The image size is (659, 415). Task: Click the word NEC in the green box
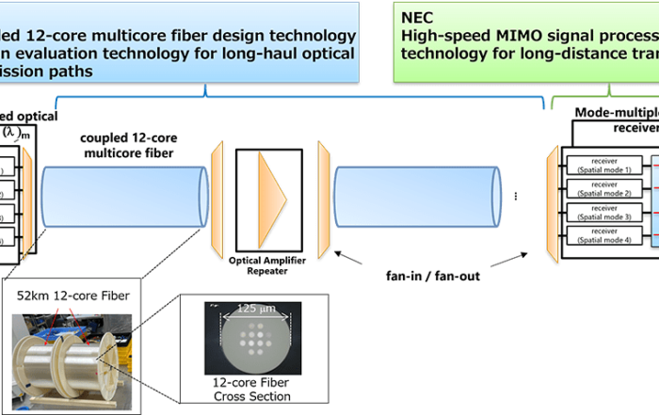tap(418, 16)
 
